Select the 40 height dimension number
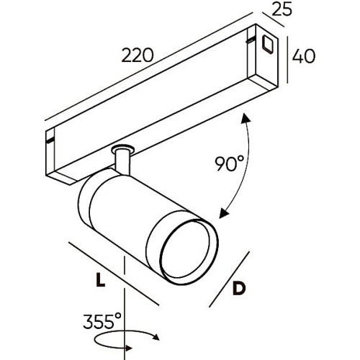(x=305, y=55)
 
